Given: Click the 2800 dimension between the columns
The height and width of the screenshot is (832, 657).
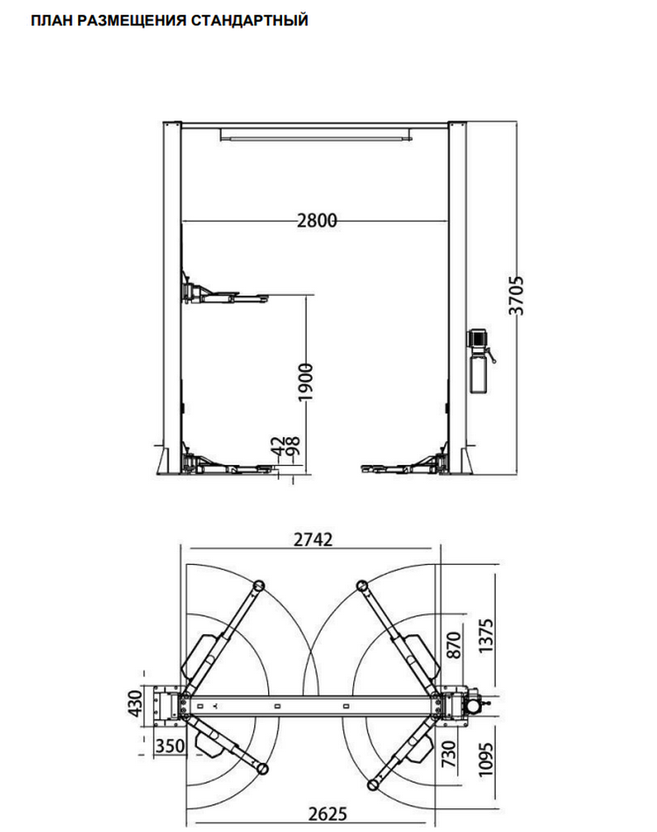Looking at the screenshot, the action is tap(317, 220).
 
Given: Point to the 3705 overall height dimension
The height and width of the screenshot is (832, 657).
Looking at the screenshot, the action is tap(516, 295).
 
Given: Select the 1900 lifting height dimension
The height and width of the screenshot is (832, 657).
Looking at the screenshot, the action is tap(305, 382).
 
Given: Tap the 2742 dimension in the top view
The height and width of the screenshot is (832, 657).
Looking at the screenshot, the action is tap(313, 539).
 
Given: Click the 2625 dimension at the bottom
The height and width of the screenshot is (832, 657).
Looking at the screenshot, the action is tap(328, 814).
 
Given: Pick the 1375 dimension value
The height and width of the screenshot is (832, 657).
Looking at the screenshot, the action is tap(485, 636).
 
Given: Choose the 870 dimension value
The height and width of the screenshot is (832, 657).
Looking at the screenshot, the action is tap(454, 645).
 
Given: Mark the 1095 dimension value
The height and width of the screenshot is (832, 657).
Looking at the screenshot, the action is tap(485, 760).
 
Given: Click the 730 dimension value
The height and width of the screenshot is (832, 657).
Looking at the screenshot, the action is tap(449, 754).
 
